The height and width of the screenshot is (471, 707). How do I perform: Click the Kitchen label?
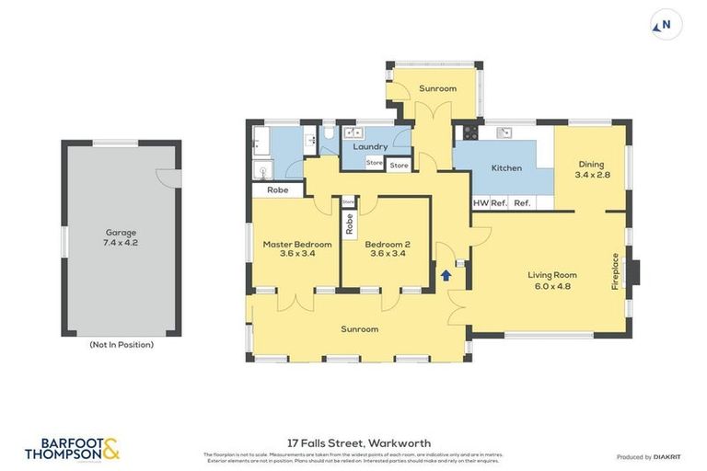tap(506, 168)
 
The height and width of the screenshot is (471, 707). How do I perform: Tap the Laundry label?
tap(370, 146)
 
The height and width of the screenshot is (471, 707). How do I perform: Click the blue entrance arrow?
tap(446, 274)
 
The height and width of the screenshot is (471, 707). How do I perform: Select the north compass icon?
tap(666, 25)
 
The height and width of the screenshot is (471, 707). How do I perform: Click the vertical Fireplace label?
tap(616, 271)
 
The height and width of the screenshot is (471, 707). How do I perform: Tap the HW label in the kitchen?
tap(480, 203)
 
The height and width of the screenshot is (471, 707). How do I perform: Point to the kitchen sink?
tap(504, 132)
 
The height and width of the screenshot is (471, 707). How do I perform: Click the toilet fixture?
tap(329, 135)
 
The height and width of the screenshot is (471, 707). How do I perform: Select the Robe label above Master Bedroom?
tap(277, 190)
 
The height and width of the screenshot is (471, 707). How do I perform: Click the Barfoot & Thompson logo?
tap(72, 449)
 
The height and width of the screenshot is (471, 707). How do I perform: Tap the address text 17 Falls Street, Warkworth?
tap(353, 442)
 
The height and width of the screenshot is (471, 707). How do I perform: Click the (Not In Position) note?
tap(121, 345)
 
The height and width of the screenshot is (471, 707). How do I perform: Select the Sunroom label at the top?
tap(437, 88)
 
